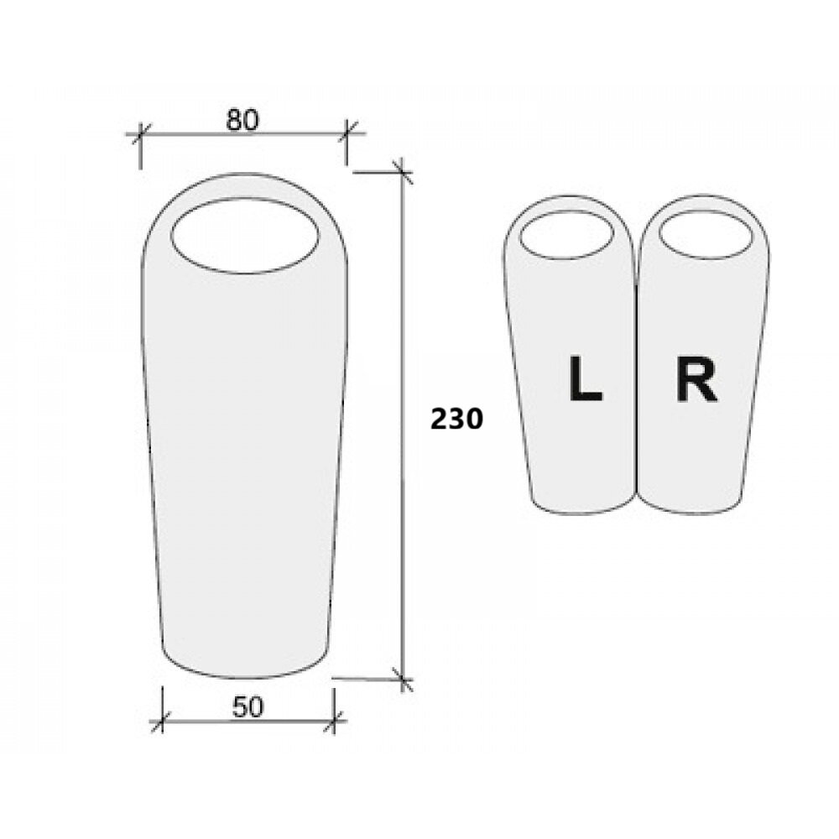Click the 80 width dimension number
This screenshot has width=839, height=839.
click(242, 120)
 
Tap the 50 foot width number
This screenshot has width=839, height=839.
click(248, 707)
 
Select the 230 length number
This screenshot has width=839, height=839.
click(456, 419)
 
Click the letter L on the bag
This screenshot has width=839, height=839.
click(586, 379)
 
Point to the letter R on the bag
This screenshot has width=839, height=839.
click(696, 379)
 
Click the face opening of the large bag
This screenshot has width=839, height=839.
click(245, 236)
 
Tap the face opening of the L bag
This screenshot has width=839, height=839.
click(566, 235)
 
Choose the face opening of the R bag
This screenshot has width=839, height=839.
click(704, 235)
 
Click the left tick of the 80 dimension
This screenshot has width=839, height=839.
click(140, 133)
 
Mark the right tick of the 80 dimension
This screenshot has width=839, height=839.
click(347, 133)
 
